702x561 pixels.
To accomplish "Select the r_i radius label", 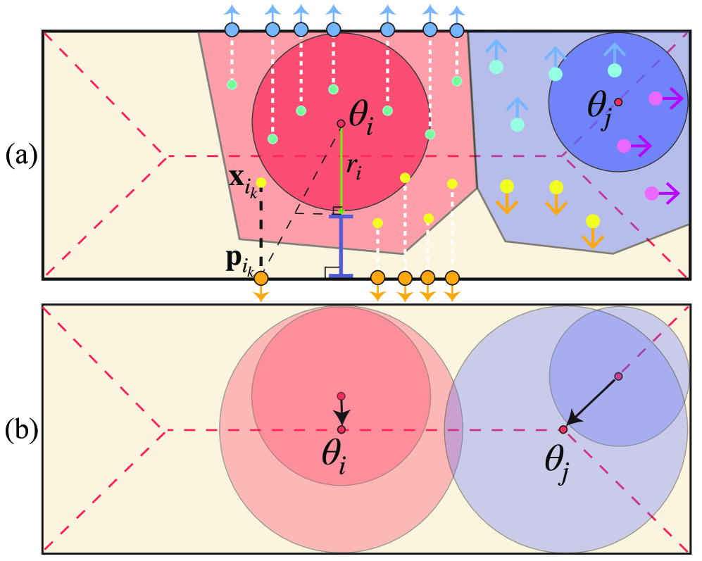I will [x=353, y=168].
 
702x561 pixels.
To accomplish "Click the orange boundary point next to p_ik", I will [x=261, y=279].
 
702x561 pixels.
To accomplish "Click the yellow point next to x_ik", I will [x=261, y=183].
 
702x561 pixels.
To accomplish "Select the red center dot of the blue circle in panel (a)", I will [x=618, y=102].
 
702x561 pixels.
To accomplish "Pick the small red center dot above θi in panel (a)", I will [x=341, y=123].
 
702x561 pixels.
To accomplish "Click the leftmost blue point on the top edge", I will [x=232, y=30].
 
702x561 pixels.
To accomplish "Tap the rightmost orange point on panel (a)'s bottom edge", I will [x=452, y=278].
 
